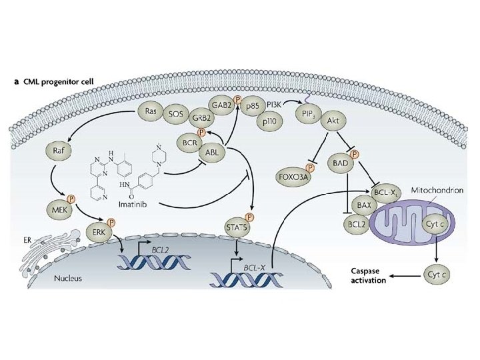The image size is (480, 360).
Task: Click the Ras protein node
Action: coord(151,111)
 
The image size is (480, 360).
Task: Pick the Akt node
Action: coord(332,122)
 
